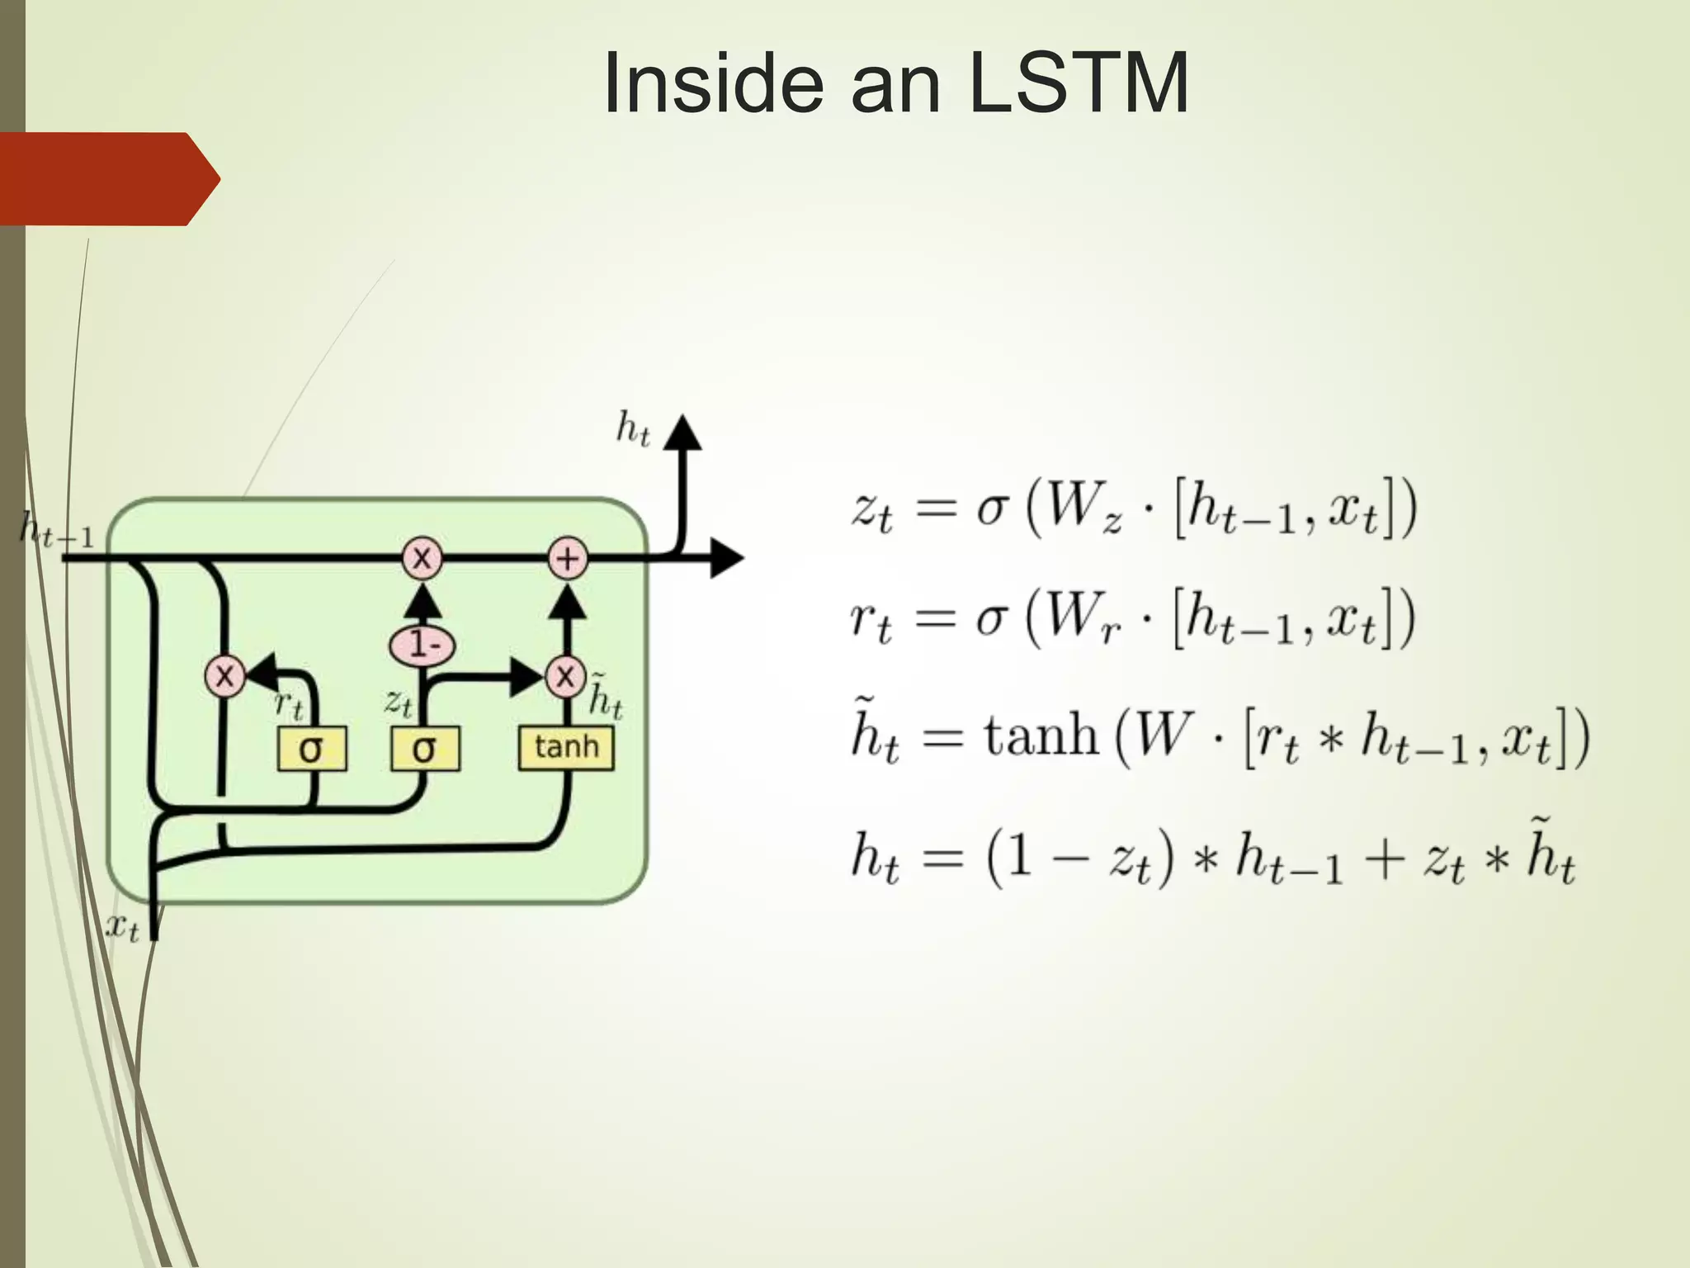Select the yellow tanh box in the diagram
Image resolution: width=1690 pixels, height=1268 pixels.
point(566,748)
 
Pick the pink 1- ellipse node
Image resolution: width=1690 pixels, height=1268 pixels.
point(422,645)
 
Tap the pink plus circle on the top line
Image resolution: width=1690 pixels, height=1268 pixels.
point(567,559)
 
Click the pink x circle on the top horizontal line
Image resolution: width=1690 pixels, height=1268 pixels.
point(422,559)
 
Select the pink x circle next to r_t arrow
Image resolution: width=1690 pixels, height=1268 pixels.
point(224,677)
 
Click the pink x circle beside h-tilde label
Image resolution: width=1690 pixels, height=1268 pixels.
point(565,677)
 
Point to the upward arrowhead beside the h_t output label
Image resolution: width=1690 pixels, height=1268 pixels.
point(682,433)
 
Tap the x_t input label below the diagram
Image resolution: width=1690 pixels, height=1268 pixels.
point(122,928)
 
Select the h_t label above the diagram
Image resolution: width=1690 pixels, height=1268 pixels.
point(633,429)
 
